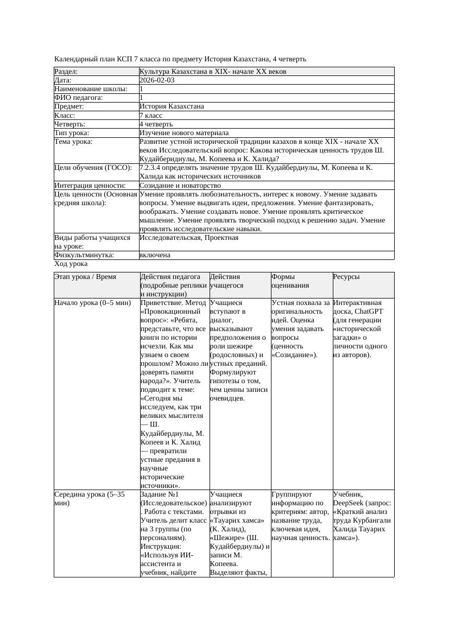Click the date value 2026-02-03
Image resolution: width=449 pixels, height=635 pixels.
pyautogui.click(x=157, y=80)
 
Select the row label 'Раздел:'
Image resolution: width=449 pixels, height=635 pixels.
pyautogui.click(x=66, y=72)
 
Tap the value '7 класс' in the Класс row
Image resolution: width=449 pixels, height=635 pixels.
pyautogui.click(x=151, y=116)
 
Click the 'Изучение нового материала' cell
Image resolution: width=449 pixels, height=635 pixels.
pyautogui.click(x=184, y=133)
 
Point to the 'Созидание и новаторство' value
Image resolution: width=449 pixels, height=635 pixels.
pyautogui.click(x=180, y=186)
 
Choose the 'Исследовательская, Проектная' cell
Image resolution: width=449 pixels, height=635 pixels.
pyautogui.click(x=189, y=238)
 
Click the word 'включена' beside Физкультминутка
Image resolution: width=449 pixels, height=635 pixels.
pyautogui.click(x=155, y=255)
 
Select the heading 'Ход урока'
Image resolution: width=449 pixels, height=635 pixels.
pyautogui.click(x=71, y=264)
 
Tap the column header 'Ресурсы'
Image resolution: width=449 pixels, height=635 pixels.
pyautogui.click(x=346, y=277)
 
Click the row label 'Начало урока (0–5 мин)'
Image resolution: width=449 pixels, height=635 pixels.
pyautogui.click(x=93, y=303)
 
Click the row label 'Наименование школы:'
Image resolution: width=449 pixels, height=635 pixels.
pyautogui.click(x=91, y=89)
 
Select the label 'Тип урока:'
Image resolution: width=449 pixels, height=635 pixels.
pyautogui.click(x=72, y=133)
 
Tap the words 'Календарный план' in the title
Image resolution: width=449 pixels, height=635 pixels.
pyautogui.click(x=84, y=59)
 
